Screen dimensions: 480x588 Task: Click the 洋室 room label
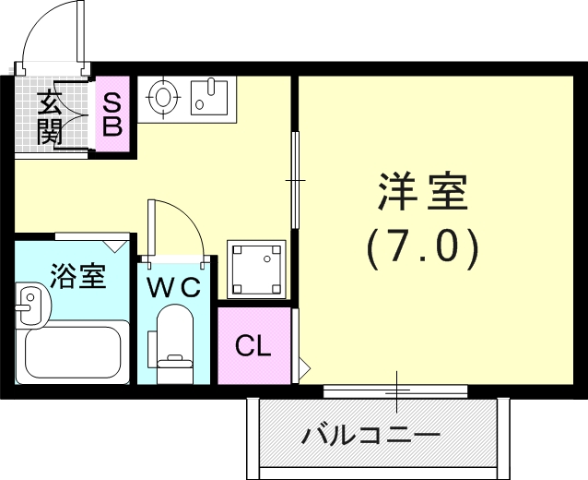[x=423, y=192]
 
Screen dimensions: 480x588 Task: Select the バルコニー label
[x=371, y=433]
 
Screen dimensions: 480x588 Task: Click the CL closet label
[x=253, y=347]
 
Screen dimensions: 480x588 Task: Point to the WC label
[x=175, y=287]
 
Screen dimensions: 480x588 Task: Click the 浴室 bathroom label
[x=77, y=276]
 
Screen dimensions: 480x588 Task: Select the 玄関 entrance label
[x=49, y=116]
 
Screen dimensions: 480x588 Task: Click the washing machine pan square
[x=256, y=268]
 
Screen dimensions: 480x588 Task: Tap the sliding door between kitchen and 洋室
[x=294, y=178]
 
